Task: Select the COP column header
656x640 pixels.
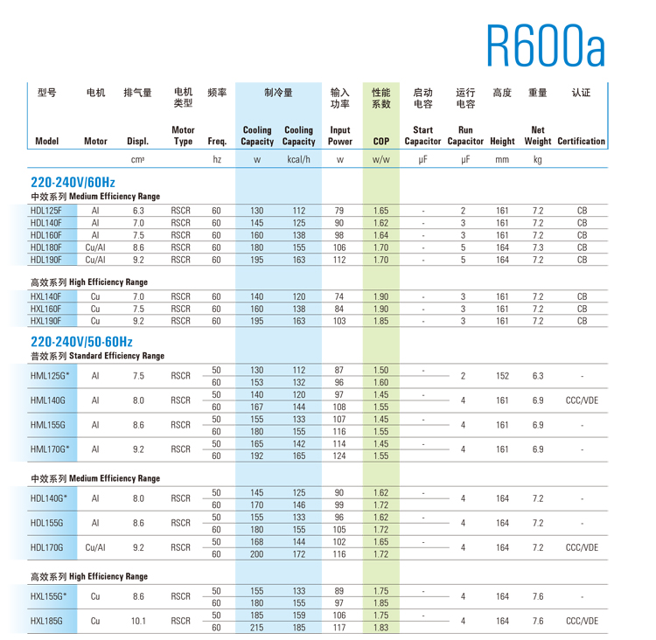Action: (x=380, y=141)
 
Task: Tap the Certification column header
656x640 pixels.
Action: (x=581, y=141)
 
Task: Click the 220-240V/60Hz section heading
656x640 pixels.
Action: (x=73, y=182)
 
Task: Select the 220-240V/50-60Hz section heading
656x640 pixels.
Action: (x=81, y=341)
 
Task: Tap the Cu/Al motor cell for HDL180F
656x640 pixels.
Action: (x=95, y=247)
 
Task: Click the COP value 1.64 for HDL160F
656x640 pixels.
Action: (x=380, y=235)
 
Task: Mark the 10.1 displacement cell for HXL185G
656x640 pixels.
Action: (x=138, y=621)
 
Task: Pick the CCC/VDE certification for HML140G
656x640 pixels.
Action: (x=582, y=400)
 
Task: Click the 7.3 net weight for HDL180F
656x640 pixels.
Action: (x=538, y=247)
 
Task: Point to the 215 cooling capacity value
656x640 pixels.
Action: (x=257, y=627)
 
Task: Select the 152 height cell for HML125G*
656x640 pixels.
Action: (x=502, y=376)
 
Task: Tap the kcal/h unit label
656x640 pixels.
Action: (x=298, y=160)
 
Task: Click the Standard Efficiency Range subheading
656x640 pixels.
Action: (x=97, y=356)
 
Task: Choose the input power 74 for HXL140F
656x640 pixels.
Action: (x=339, y=296)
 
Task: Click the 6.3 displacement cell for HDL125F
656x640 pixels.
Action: (x=138, y=211)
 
